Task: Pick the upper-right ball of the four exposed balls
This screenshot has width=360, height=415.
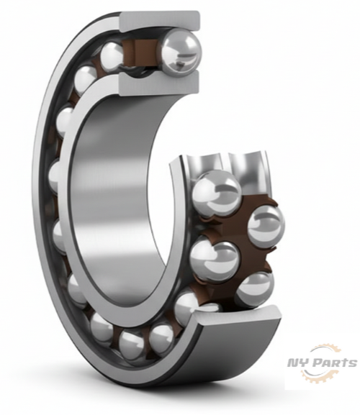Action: pos(266,224)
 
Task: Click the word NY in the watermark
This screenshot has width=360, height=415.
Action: pos(297,365)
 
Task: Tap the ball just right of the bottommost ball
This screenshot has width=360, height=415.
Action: pos(163,334)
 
